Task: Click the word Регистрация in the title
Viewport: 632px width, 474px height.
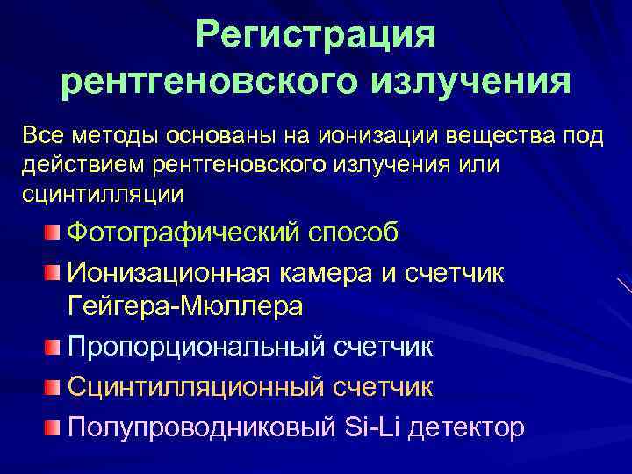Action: tap(316, 35)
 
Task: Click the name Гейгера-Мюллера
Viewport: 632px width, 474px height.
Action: tap(184, 306)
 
